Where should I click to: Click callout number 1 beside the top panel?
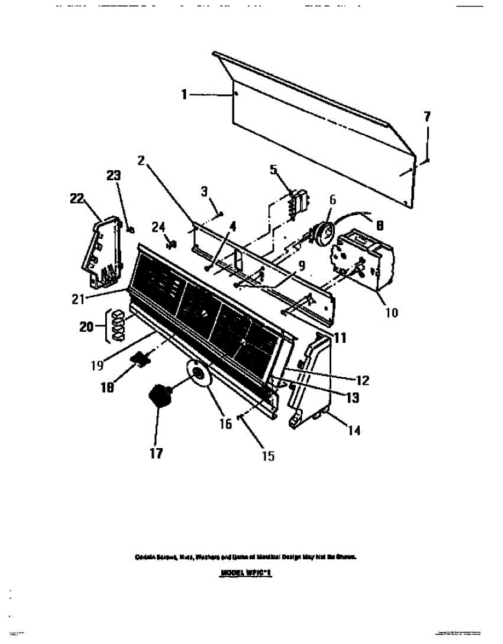pos(184,95)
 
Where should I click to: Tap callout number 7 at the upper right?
pos(427,116)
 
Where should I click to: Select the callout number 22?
pos(77,198)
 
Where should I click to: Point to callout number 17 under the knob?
pos(156,453)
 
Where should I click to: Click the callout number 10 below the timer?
pos(392,312)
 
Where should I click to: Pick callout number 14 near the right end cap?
pos(353,430)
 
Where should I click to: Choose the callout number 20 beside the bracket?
pos(86,326)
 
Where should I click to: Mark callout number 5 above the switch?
pos(274,170)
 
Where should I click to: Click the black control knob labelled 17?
pos(159,397)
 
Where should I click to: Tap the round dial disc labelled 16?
pos(198,374)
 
